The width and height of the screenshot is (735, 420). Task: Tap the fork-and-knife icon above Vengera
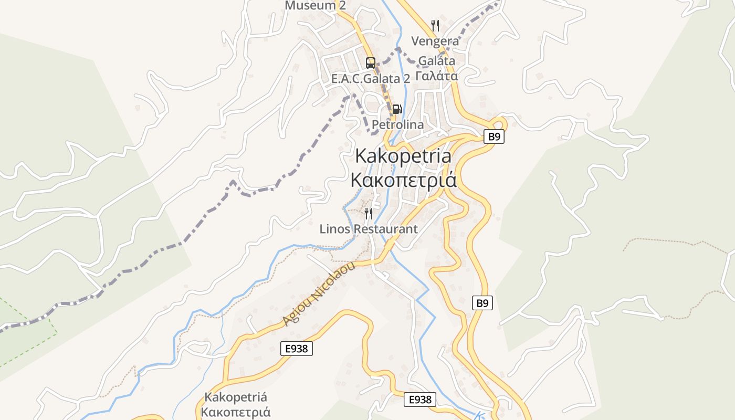click(435, 25)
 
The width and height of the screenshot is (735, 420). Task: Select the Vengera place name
click(435, 41)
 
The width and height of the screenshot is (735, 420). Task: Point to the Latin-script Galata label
click(437, 60)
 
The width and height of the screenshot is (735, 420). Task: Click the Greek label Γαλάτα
click(437, 76)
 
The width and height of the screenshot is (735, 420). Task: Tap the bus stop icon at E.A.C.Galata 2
click(371, 63)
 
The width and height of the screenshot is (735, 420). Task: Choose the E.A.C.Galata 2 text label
click(371, 79)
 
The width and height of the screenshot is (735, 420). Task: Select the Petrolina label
click(397, 125)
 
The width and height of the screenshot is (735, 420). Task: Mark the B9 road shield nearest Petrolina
click(493, 137)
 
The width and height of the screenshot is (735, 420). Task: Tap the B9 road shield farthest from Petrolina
click(483, 303)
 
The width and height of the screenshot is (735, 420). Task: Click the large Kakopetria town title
click(403, 156)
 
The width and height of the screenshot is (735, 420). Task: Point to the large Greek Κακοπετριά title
click(403, 180)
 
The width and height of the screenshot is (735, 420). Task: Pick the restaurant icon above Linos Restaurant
click(369, 213)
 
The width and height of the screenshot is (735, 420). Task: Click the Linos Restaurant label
click(369, 229)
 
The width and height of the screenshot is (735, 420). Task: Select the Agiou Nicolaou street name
click(319, 293)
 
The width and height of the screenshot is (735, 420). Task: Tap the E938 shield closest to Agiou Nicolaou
click(297, 348)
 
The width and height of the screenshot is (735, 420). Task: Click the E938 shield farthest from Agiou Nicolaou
click(421, 400)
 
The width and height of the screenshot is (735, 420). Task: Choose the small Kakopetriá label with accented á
click(236, 397)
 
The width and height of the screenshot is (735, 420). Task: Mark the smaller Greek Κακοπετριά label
click(236, 412)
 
